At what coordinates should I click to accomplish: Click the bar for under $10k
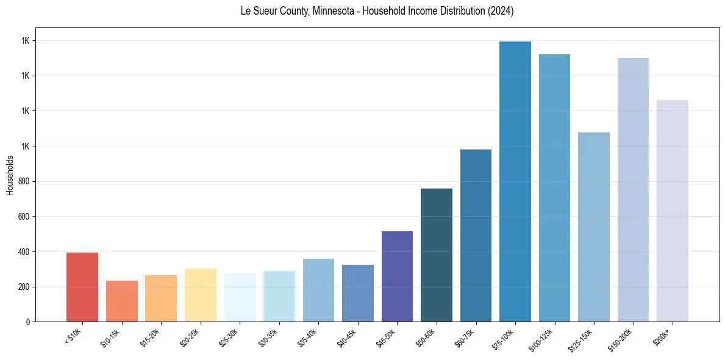(82, 287)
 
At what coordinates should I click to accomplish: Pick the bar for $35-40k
(318, 290)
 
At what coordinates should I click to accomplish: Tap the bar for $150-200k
(633, 190)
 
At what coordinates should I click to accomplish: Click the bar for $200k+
(673, 211)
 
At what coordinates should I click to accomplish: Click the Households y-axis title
(10, 175)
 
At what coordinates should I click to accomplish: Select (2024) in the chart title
(500, 11)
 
